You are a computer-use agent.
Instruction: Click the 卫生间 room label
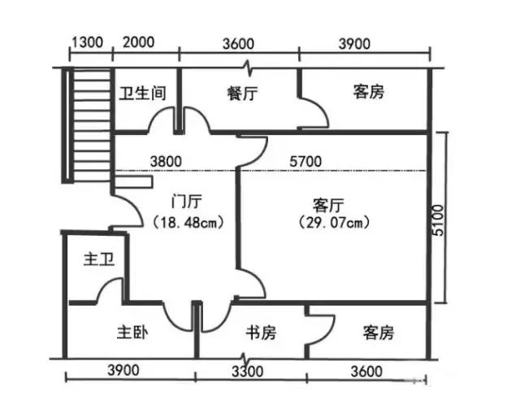(143, 93)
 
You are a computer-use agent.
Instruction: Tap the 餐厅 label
(242, 93)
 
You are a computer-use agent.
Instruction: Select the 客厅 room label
(328, 206)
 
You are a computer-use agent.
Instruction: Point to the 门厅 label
(186, 202)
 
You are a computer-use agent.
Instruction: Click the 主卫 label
(99, 259)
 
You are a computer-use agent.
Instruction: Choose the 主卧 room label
(132, 332)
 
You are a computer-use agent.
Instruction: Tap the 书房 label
(261, 332)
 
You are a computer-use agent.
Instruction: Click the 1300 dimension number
(88, 42)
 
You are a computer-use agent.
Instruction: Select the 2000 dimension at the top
(138, 42)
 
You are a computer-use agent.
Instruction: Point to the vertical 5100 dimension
(438, 220)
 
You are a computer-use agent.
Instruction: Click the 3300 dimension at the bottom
(247, 371)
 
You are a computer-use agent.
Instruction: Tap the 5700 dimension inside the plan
(305, 162)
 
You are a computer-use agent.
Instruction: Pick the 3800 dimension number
(166, 162)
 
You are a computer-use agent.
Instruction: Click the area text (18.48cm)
(188, 222)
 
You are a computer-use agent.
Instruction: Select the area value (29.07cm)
(334, 223)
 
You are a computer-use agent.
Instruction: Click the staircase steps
(92, 125)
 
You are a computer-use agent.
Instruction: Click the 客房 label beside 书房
(379, 332)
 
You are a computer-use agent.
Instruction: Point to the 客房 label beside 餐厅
(368, 92)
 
